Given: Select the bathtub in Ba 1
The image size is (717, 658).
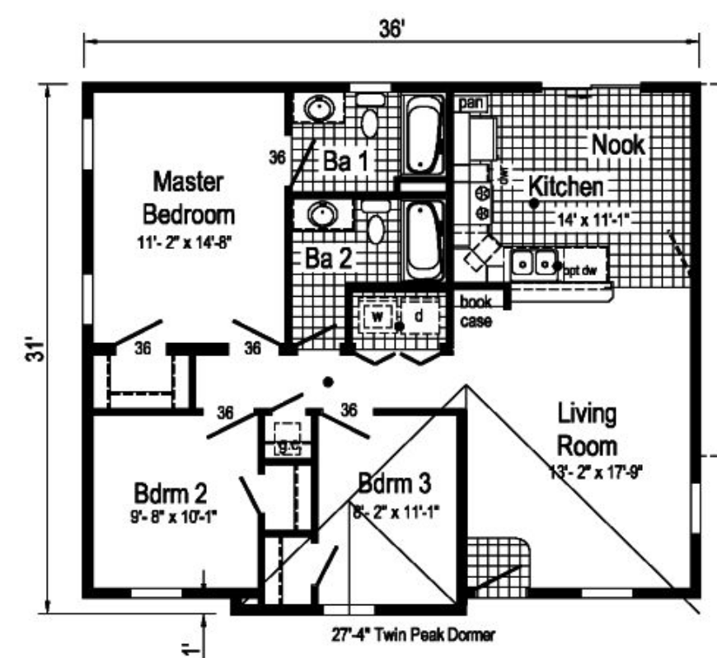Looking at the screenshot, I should [x=421, y=135].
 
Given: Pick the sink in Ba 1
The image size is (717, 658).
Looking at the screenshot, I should [x=318, y=107].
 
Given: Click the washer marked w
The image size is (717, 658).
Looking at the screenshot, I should [x=376, y=317].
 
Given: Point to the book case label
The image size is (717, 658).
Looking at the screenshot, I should [x=476, y=312].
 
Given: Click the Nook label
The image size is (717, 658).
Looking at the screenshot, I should [x=618, y=144].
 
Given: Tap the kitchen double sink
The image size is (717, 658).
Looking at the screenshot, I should [x=534, y=263].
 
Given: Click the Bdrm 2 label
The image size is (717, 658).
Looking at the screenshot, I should [x=170, y=492].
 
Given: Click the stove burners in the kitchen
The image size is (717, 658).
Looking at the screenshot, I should [x=482, y=202].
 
